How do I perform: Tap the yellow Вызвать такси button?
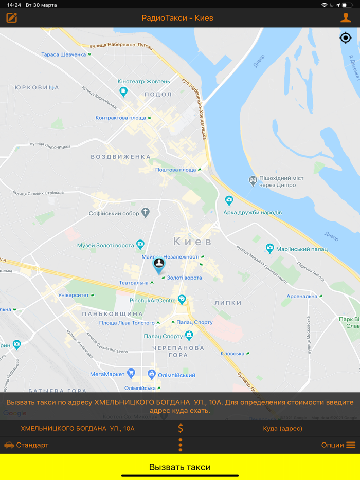click(180, 467)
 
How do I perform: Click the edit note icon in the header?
click(12, 18)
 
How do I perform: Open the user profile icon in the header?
click(346, 18)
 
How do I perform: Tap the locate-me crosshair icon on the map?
click(346, 38)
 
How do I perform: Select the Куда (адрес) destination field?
click(282, 428)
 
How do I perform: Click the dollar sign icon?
click(181, 428)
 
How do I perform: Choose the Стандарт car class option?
click(27, 445)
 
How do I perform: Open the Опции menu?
click(338, 445)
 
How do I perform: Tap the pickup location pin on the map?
click(159, 265)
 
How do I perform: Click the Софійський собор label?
click(114, 213)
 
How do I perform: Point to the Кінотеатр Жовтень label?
click(143, 81)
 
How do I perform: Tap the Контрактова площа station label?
click(121, 118)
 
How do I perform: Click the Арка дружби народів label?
click(253, 212)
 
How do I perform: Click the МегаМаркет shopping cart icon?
click(131, 374)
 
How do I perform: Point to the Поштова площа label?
click(175, 170)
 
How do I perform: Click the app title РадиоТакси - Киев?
click(177, 18)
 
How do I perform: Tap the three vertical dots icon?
click(181, 445)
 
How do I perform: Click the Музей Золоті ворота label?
click(105, 245)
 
